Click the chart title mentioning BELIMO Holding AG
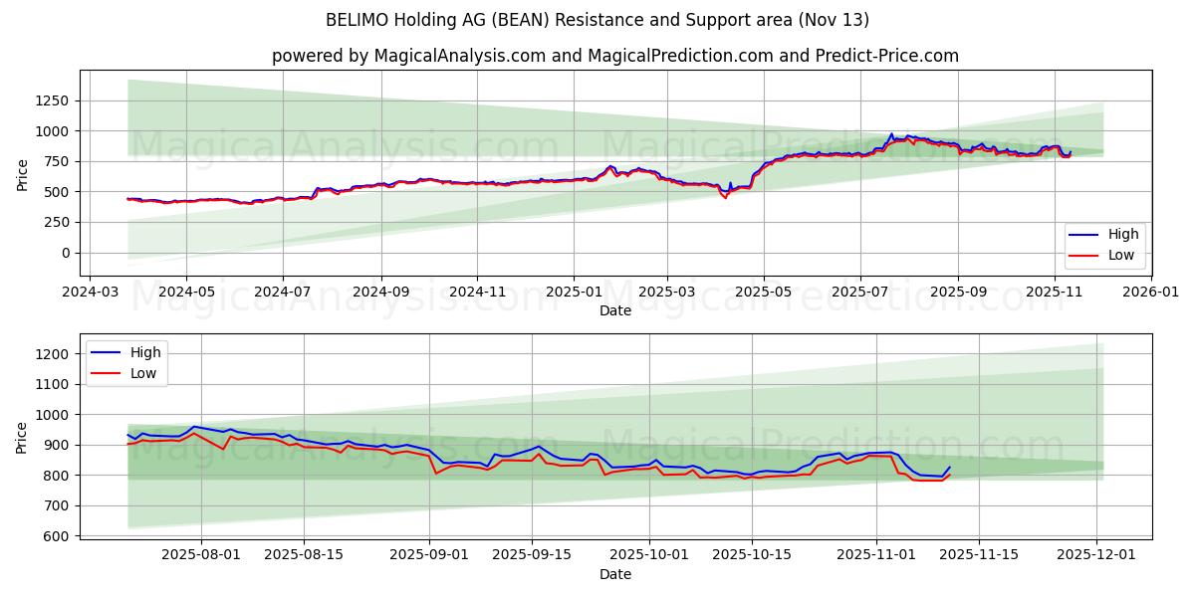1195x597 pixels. click(597, 20)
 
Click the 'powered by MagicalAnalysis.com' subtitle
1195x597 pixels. click(614, 56)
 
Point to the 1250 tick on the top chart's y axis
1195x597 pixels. click(52, 100)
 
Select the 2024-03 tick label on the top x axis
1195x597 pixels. click(91, 293)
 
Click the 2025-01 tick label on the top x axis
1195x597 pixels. click(573, 293)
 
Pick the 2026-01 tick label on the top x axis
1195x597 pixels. click(1150, 293)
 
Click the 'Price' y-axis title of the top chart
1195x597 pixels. click(22, 174)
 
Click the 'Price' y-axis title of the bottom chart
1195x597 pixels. click(22, 437)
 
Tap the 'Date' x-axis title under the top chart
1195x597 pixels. click(614, 310)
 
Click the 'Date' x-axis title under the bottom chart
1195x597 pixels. click(614, 574)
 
